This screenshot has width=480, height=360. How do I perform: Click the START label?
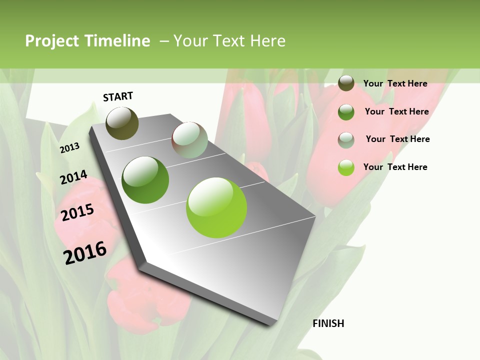[118, 96]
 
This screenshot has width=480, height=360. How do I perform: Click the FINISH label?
[328, 323]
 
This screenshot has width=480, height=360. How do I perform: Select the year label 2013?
[69, 147]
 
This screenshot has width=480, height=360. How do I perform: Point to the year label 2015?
[77, 212]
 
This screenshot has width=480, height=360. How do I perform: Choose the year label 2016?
[85, 252]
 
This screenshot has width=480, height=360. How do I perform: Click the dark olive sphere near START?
[122, 123]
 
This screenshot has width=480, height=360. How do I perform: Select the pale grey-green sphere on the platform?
[189, 140]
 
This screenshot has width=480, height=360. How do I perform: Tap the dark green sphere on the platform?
[145, 180]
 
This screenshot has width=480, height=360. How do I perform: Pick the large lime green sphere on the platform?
[216, 207]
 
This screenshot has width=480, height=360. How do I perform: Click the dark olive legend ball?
[346, 83]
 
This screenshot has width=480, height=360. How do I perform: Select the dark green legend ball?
[346, 112]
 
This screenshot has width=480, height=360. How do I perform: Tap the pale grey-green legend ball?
[346, 140]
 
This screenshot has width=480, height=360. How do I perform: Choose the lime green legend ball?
[346, 168]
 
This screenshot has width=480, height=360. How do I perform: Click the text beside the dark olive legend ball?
[395, 83]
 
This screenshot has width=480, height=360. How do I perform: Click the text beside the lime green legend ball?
[395, 167]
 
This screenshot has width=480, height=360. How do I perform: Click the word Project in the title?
[52, 41]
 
